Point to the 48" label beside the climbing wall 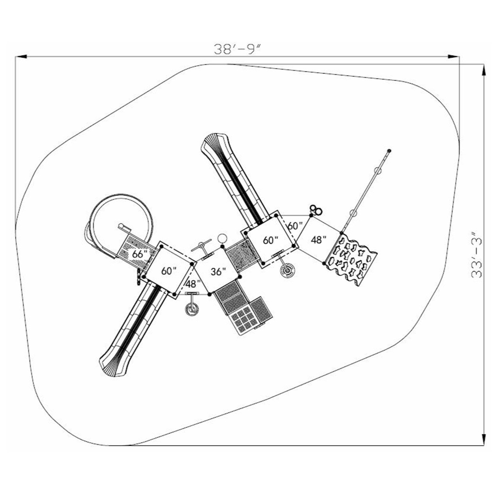pyautogui.click(x=319, y=240)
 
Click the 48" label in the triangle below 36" pyautogui.click(x=193, y=284)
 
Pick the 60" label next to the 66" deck pyautogui.click(x=169, y=271)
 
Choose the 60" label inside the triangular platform pyautogui.click(x=295, y=226)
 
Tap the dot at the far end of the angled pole pyautogui.click(x=389, y=150)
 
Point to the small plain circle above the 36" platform pyautogui.click(x=222, y=238)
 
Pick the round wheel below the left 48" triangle pyautogui.click(x=192, y=310)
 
